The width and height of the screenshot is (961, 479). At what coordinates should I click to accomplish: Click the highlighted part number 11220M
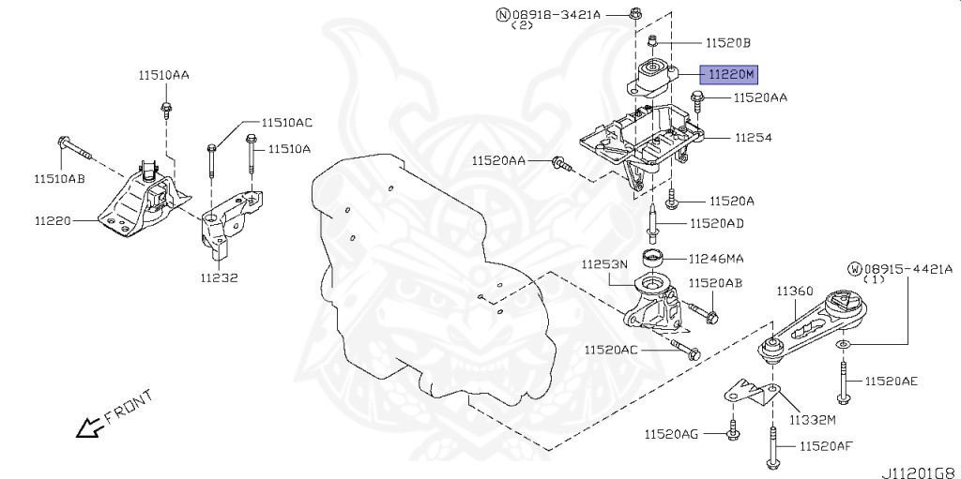[x=731, y=72]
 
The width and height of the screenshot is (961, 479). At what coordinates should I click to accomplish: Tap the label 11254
[x=753, y=137]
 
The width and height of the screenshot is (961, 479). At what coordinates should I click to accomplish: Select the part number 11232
[x=218, y=277]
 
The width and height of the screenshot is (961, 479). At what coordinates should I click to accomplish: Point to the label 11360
[x=794, y=292]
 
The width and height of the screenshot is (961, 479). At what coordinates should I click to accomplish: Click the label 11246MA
[x=716, y=258]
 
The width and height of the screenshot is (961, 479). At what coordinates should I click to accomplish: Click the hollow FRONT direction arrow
[x=89, y=428]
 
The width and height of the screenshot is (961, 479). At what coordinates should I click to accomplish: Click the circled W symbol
[x=854, y=268]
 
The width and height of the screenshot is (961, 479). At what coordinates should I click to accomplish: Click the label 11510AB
[x=59, y=179]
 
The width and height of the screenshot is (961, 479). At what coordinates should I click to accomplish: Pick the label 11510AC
[x=286, y=123]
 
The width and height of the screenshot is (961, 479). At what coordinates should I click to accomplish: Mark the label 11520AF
[x=826, y=446]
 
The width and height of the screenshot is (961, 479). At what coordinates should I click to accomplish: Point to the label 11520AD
[x=717, y=223]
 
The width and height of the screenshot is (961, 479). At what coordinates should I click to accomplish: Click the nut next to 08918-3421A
[x=636, y=13]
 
